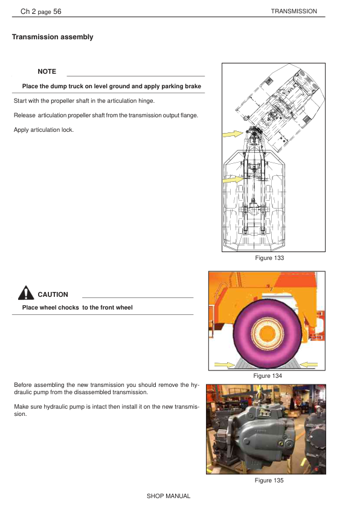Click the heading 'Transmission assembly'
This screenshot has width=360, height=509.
click(53, 37)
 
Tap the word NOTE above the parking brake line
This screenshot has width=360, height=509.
click(47, 71)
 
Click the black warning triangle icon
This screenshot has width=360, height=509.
click(26, 293)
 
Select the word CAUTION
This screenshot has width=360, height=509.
click(53, 294)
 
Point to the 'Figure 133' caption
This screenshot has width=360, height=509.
click(269, 258)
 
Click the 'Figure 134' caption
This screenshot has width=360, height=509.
click(268, 375)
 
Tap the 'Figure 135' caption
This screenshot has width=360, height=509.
click(269, 480)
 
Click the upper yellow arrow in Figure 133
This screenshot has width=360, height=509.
click(233, 134)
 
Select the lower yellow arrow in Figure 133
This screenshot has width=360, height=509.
click(233, 179)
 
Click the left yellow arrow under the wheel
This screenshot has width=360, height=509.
click(225, 365)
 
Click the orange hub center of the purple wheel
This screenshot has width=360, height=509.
click(266, 334)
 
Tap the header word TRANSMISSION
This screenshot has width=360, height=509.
click(294, 11)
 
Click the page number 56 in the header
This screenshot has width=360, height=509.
click(57, 11)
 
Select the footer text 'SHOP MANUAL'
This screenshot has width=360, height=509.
click(169, 496)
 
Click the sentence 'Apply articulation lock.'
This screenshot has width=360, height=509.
click(43, 130)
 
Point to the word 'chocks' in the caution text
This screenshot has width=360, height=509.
click(68, 308)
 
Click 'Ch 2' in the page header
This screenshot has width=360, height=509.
click(28, 11)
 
